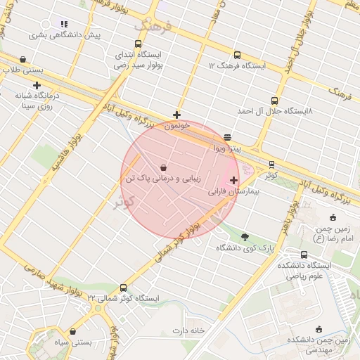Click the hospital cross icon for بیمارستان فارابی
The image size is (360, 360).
click(234, 181)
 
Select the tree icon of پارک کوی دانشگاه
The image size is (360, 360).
click(245, 237)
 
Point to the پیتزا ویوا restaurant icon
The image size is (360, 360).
click(227, 138)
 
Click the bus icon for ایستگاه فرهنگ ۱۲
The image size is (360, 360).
click(236, 54)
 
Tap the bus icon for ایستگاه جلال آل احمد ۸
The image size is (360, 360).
click(274, 101)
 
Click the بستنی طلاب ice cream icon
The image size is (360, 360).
click(25, 60)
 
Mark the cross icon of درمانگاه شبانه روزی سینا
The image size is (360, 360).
click(37, 85)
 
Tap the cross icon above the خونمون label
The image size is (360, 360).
click(177, 115)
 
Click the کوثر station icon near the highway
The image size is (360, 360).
click(271, 165)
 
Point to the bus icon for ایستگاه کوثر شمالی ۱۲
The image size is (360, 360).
click(124, 288)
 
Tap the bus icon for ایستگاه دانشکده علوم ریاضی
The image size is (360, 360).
click(304, 255)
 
